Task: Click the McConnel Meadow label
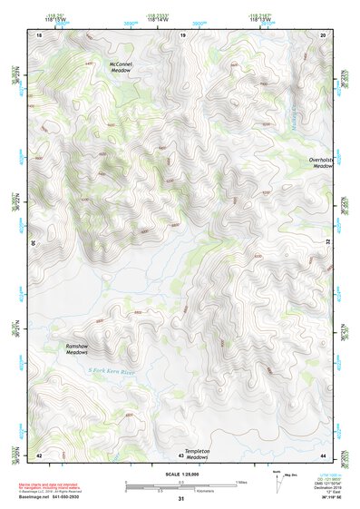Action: tap(120, 68)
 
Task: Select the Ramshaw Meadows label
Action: tap(81, 349)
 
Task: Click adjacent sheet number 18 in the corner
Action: tap(39, 34)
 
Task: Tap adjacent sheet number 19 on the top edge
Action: tap(183, 34)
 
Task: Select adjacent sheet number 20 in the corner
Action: tap(323, 34)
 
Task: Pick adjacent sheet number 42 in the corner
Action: tap(39, 455)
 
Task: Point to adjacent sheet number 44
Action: tap(323, 455)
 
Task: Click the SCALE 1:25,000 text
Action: tap(181, 473)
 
